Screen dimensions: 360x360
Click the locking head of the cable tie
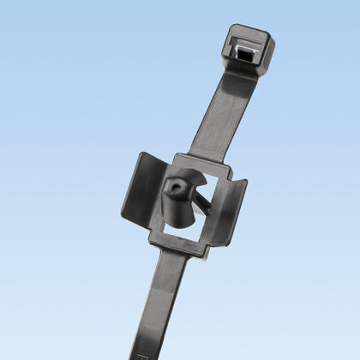(249, 44)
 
